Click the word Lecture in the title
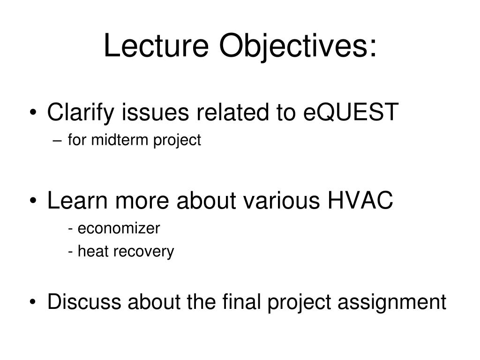[156, 45]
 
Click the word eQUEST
[351, 112]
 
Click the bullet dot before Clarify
[33, 112]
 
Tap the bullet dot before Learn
[33, 201]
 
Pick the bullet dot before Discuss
[33, 302]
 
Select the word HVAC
[360, 201]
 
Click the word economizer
[119, 228]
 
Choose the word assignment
[392, 303]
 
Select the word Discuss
[84, 301]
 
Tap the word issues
[156, 112]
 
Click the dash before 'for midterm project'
[57, 141]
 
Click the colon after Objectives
[373, 49]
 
